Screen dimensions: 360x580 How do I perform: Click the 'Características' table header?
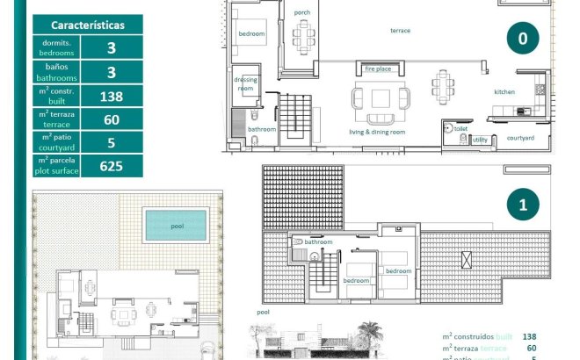coord(87,25)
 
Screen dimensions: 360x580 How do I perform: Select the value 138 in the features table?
coord(111,96)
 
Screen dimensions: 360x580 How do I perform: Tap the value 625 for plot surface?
coord(111,165)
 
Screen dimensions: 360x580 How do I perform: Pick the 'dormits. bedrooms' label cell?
coord(56,47)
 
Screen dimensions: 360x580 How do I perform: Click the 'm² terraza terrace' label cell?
coord(56,119)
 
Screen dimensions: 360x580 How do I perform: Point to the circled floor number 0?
coord(523,39)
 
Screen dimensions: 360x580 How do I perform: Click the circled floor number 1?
coord(523,205)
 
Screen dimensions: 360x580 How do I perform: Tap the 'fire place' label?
coord(378,68)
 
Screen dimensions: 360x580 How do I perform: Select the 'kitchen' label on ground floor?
coord(504,91)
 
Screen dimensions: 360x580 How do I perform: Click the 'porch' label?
coord(302,12)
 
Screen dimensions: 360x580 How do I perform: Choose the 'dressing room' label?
coord(245,83)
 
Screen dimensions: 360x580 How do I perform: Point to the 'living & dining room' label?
coord(377,132)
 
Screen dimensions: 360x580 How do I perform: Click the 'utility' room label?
coord(480,140)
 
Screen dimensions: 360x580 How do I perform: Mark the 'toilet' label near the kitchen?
coord(460,127)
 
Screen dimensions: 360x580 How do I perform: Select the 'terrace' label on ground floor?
coord(401,31)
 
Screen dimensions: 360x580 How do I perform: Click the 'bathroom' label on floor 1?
coord(319,241)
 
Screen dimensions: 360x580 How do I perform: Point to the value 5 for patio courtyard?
coord(111,142)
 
